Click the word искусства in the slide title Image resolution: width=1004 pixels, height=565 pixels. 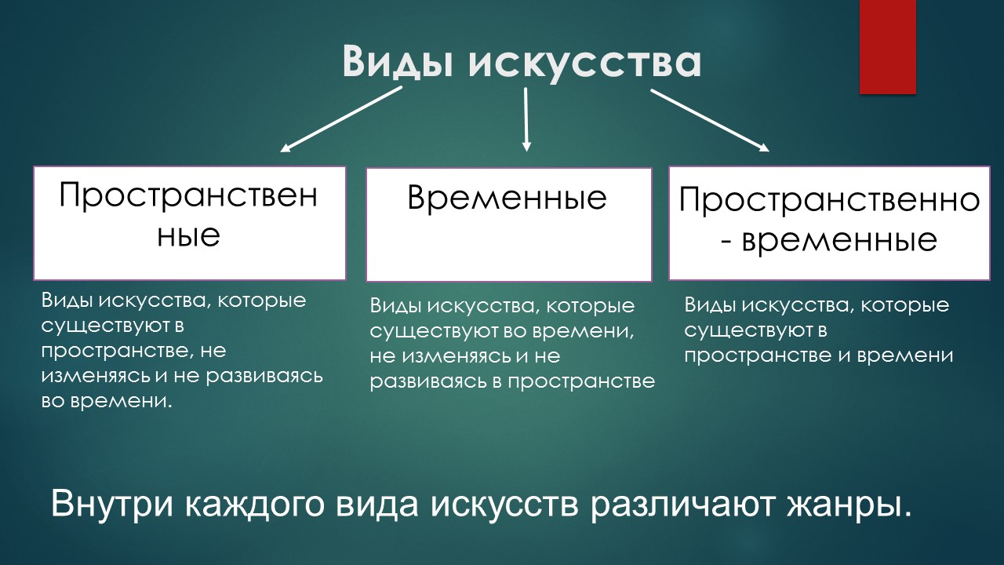tap(584, 61)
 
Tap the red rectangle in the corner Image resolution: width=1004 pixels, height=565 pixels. tap(888, 47)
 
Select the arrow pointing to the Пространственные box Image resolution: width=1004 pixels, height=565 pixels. tap(341, 118)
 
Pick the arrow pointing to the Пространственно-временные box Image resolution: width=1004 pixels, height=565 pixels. tap(710, 120)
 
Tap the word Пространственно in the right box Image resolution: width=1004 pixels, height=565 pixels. tap(829, 200)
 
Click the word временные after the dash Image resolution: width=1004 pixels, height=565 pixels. tap(839, 239)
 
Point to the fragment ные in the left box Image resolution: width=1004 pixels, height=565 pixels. tap(188, 235)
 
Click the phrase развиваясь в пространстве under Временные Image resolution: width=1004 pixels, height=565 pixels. tap(512, 381)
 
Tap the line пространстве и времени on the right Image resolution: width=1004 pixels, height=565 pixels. tap(818, 355)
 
